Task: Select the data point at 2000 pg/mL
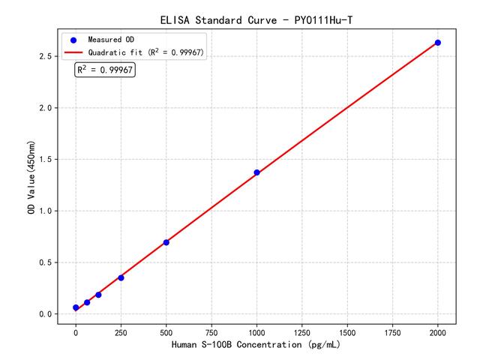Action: point(438,43)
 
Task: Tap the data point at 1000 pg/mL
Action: point(256,172)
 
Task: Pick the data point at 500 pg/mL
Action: point(166,242)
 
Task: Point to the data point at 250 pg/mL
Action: point(121,277)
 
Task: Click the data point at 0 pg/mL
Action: point(76,307)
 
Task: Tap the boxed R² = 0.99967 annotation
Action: point(105,70)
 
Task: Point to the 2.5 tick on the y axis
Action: point(46,56)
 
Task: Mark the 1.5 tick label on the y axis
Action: point(46,160)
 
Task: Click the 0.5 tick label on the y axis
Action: point(46,262)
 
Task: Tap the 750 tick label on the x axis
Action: point(211,331)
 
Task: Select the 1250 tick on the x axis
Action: point(302,331)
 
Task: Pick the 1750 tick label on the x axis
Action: point(393,331)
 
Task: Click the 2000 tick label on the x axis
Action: point(438,331)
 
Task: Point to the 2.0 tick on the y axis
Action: point(46,108)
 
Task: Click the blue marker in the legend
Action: point(73,39)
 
